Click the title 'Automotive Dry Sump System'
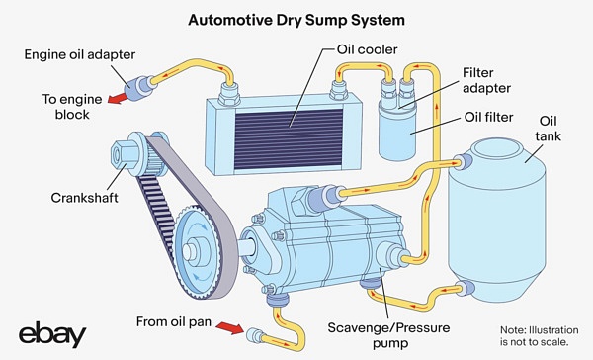pos(296,18)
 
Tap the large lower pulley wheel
pos(192,248)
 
